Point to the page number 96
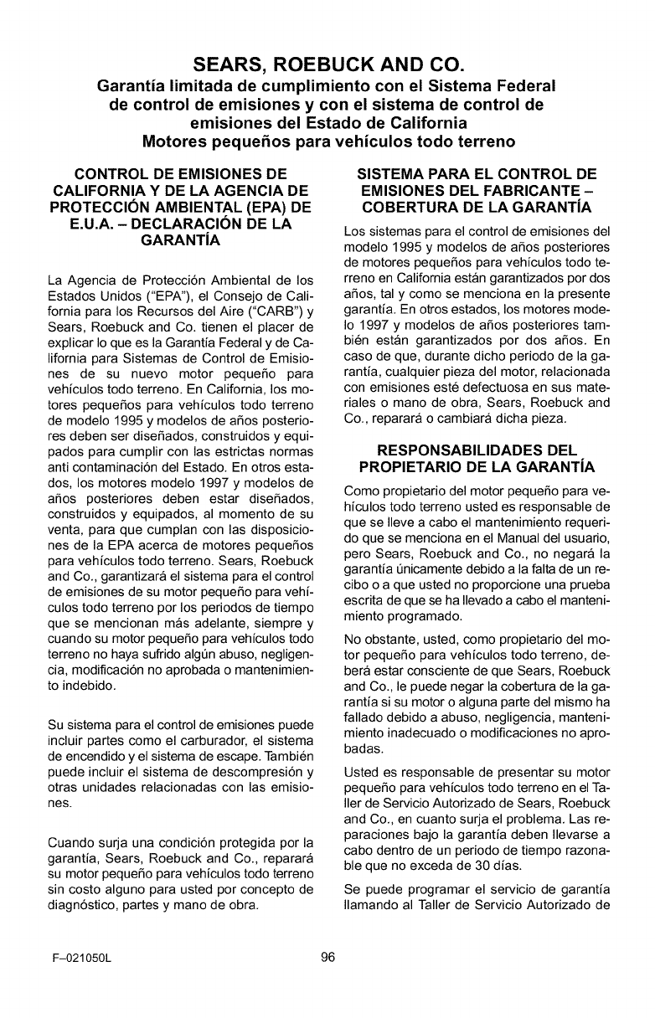(327, 959)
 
